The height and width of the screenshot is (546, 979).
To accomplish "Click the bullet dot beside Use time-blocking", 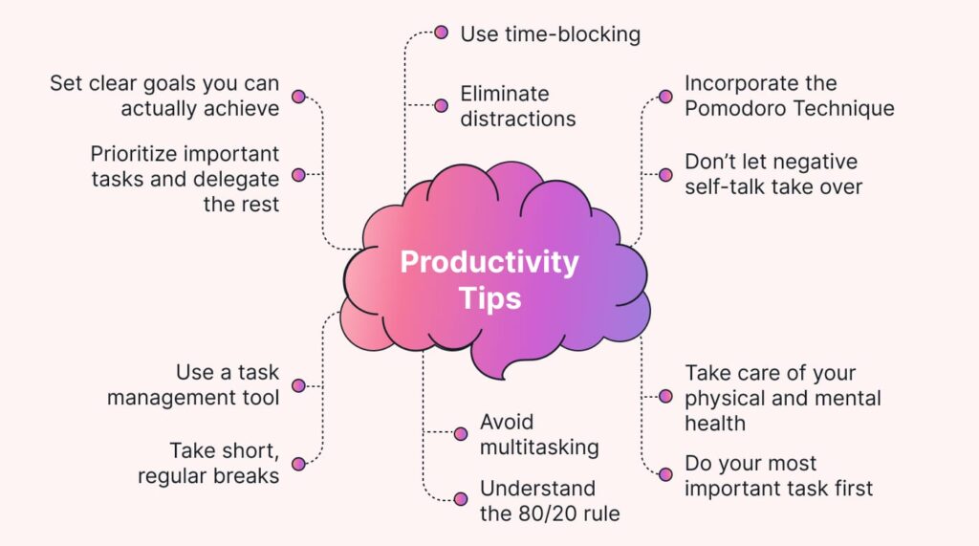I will pos(441,33).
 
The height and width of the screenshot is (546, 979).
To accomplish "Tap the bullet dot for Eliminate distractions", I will pos(441,105).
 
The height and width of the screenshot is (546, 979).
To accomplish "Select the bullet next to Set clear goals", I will pos(298,97).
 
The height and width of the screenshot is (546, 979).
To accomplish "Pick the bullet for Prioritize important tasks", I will pos(298,175).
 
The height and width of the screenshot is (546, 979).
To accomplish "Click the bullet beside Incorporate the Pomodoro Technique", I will pos(666,97).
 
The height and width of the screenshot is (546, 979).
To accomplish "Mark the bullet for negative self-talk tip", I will pos(666,175).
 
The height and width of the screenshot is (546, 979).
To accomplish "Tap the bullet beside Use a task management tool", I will pos(298,385).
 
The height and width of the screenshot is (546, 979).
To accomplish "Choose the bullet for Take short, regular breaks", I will pos(298,464).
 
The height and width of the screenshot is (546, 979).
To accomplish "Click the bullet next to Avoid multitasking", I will pos(460,432).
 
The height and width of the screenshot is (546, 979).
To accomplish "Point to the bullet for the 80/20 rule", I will pos(460,498).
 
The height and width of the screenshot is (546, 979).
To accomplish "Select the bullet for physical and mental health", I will pos(666,396).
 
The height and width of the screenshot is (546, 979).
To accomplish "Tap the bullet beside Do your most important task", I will pos(666,474).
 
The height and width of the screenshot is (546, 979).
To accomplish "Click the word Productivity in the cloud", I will pos(489,262).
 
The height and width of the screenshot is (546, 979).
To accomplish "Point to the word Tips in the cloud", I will pos(489,297).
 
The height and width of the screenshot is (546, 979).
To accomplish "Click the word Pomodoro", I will pos(733,108).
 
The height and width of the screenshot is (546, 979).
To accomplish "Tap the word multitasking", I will pos(539,447).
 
